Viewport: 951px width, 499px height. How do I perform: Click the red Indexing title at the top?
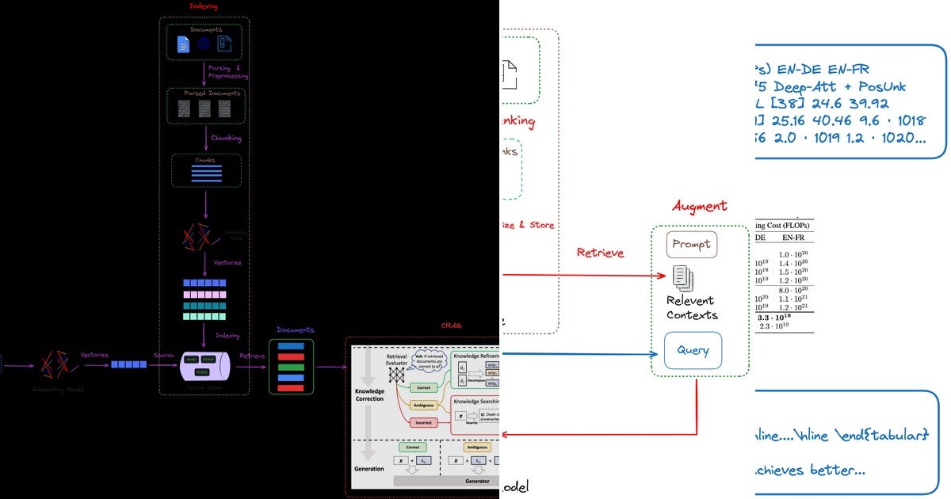click(x=204, y=6)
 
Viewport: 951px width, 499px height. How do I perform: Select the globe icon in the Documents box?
click(x=204, y=44)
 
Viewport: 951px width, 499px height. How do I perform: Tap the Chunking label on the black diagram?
click(x=226, y=138)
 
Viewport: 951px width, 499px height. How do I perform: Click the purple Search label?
click(x=164, y=356)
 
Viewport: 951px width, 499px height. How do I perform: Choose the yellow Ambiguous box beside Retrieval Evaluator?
click(x=425, y=405)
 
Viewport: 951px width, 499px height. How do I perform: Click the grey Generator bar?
click(x=444, y=480)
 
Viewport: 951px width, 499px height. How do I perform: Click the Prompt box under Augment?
click(x=692, y=245)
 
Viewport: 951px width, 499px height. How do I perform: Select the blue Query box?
click(x=693, y=350)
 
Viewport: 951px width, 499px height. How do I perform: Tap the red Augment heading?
click(x=699, y=206)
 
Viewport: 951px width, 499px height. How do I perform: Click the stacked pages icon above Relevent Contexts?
click(x=682, y=278)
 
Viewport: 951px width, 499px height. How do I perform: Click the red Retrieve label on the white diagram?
click(x=600, y=253)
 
